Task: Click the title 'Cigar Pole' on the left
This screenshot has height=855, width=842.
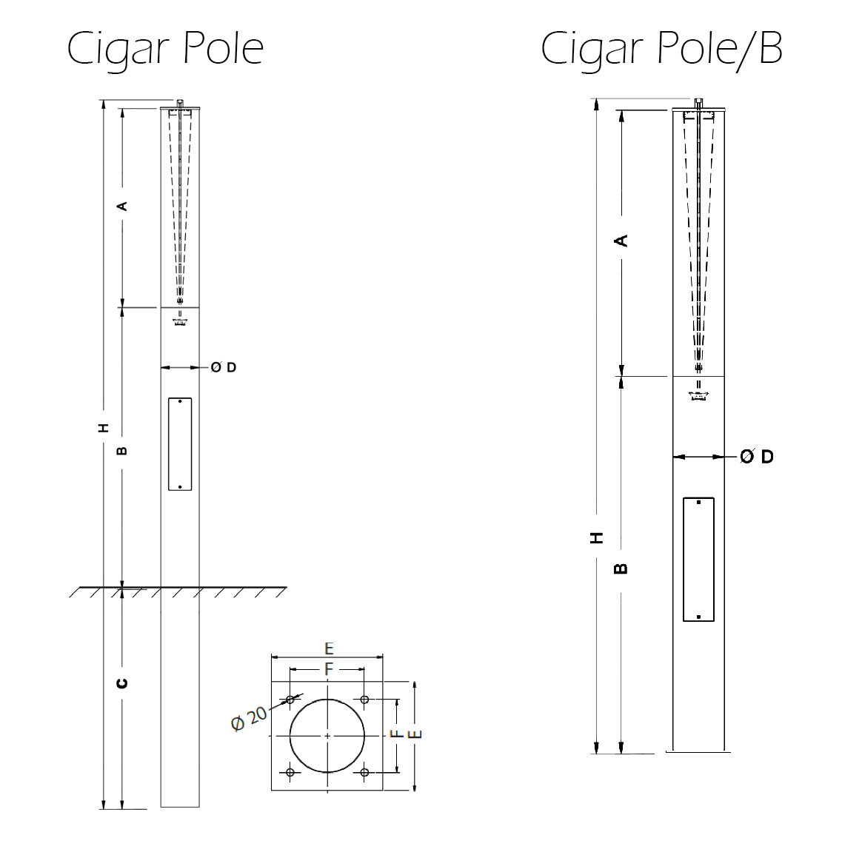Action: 166,49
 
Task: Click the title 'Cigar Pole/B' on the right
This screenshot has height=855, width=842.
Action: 661,49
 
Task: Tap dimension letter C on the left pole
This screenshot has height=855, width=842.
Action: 123,682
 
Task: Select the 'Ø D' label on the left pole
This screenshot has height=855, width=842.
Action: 224,367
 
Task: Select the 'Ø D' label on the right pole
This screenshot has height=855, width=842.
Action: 757,457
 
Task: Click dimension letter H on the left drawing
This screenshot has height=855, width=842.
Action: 104,427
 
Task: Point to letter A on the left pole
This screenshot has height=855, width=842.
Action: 124,206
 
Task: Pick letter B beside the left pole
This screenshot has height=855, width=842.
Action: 123,449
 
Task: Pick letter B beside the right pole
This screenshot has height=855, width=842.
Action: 622,569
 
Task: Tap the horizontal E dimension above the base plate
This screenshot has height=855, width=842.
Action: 329,649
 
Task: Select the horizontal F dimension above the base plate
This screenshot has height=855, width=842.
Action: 329,668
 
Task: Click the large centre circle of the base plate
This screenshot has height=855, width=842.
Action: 327,736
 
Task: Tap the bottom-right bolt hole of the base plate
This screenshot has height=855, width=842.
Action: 364,772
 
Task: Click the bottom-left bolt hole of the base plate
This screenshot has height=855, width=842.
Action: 290,772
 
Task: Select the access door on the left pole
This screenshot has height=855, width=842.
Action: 180,444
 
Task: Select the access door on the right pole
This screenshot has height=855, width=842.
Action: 698,560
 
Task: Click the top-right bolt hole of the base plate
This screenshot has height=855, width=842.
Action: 364,700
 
